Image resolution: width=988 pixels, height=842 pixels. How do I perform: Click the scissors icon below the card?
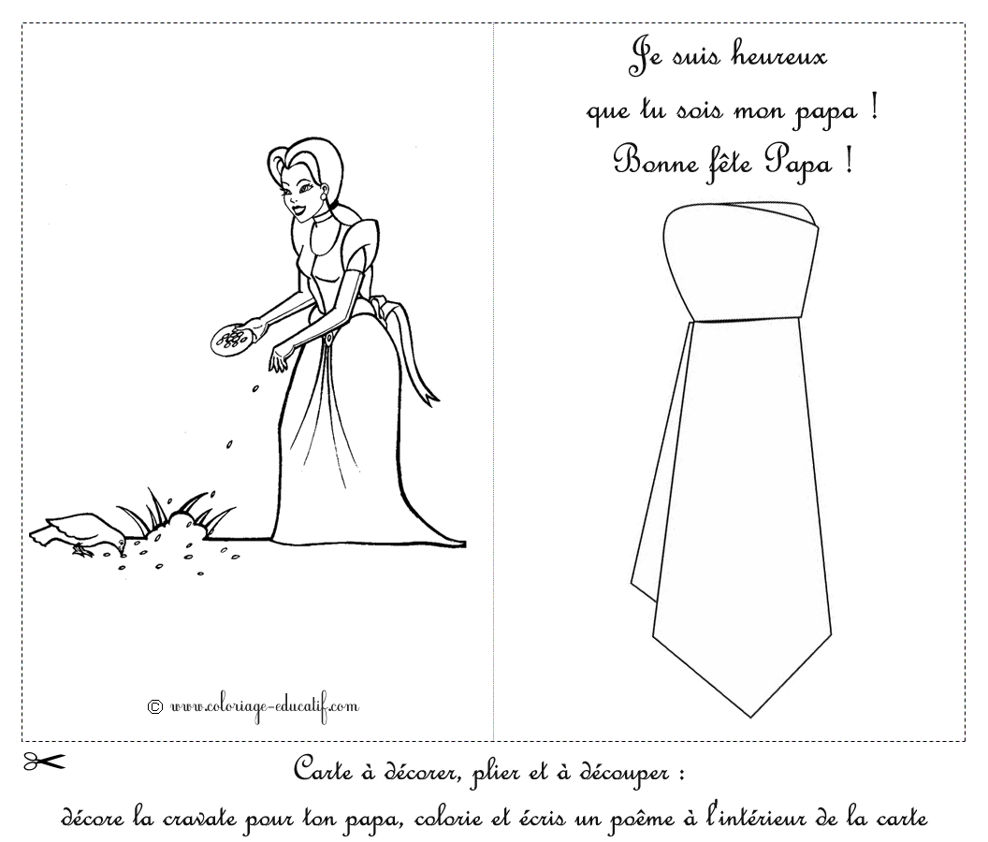44,762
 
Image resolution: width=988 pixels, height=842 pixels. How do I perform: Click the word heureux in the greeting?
778,57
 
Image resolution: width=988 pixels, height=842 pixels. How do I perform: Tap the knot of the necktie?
741,263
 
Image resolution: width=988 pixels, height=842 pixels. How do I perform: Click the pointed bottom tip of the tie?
750,716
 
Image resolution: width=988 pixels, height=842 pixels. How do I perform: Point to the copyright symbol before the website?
155,706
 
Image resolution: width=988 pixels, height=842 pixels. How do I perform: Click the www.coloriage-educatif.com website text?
265,706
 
